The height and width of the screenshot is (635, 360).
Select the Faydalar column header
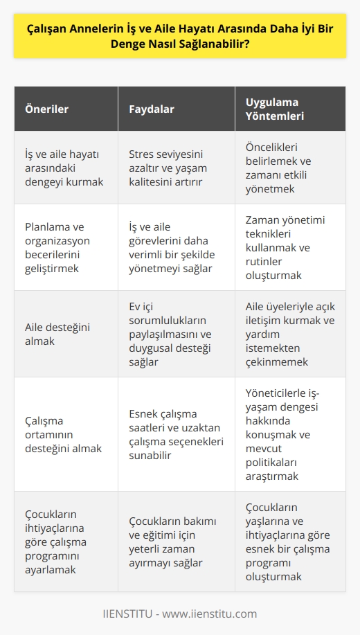coord(152,109)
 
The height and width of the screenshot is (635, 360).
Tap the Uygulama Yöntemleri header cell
coord(274,109)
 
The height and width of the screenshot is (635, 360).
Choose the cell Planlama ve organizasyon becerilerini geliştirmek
coord(63,247)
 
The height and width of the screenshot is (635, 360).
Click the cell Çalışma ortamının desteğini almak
coord(63,434)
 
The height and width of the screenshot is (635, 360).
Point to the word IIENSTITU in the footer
coord(127,614)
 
